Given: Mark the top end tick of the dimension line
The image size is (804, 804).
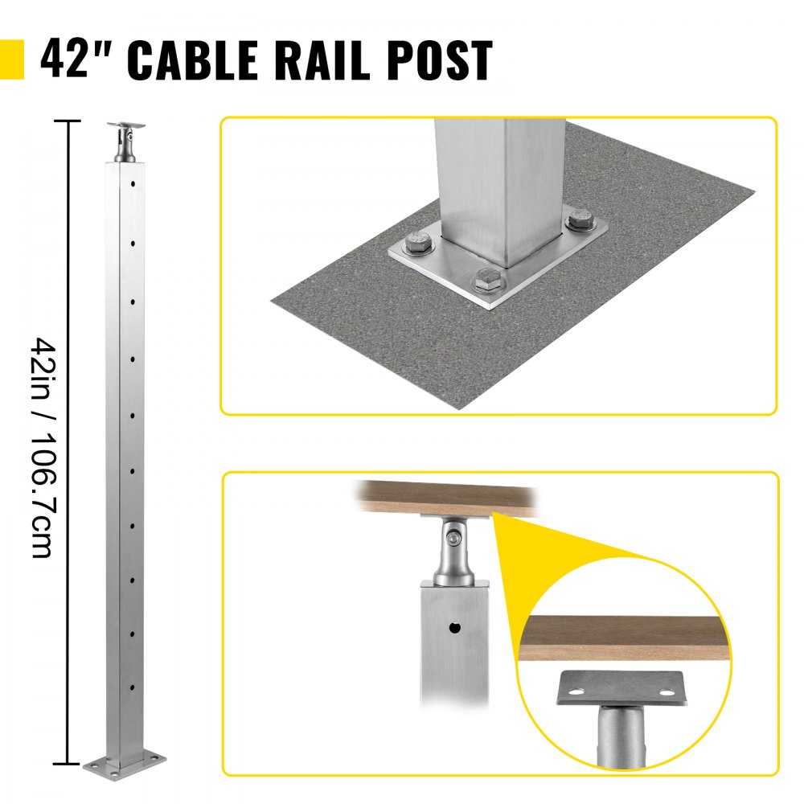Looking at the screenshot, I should tap(67, 121).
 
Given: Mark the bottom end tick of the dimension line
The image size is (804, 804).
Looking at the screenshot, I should tap(67, 762).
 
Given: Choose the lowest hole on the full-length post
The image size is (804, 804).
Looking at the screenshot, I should tap(131, 689).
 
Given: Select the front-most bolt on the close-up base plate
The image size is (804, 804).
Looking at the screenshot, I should tap(486, 281).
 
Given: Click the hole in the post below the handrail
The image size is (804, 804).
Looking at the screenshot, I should tap(455, 627).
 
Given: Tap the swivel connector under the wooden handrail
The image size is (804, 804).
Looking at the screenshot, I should tap(453, 551).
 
